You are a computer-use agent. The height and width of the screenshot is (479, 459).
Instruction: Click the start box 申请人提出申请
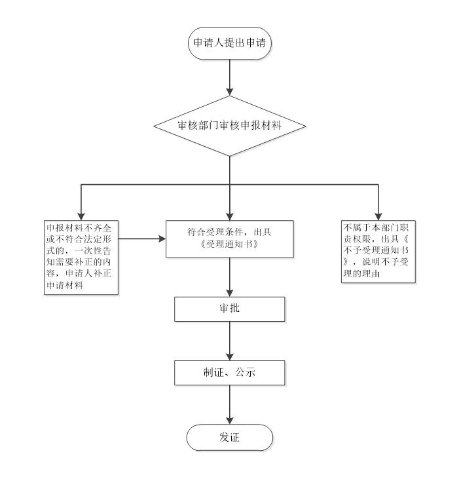[229, 44]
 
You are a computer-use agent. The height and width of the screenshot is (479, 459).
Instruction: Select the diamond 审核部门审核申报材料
[229, 125]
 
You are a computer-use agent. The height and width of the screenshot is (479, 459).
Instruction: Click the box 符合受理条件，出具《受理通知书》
[229, 239]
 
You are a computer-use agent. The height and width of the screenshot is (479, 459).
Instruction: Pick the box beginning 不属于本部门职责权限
[378, 252]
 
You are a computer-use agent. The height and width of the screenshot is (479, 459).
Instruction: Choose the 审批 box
[229, 309]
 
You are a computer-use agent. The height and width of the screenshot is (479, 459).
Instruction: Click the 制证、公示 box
[229, 373]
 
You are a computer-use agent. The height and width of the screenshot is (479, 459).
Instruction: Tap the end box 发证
[229, 437]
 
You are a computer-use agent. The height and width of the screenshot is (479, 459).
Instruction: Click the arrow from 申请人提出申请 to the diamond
[229, 78]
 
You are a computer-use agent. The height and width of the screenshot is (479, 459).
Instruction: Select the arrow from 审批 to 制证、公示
[229, 341]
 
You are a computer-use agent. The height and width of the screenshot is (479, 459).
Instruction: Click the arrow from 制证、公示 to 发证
[229, 404]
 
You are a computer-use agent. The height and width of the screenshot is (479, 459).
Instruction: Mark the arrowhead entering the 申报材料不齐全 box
[81, 216]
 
